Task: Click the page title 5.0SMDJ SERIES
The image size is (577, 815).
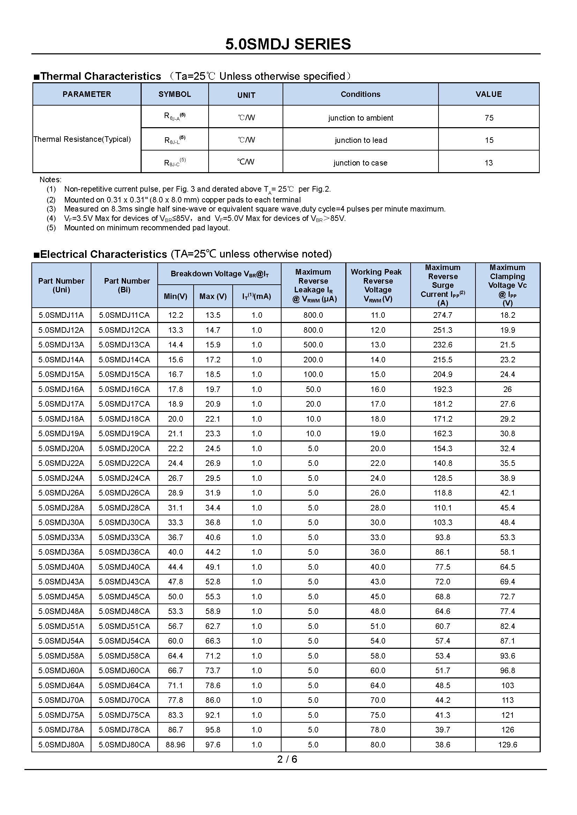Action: click(288, 44)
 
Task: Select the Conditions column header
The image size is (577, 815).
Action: click(360, 94)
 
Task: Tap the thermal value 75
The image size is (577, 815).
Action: click(489, 118)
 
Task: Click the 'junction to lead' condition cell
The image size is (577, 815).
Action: click(361, 140)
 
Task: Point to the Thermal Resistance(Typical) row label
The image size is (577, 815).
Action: click(82, 139)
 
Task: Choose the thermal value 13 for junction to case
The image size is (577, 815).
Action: click(488, 163)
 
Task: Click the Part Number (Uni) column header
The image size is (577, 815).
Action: click(61, 285)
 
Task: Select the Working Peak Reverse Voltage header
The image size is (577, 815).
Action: click(378, 285)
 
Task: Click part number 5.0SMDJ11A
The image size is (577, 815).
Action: click(61, 315)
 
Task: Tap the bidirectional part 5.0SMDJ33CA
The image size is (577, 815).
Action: click(124, 537)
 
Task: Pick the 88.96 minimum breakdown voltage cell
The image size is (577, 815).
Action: click(175, 745)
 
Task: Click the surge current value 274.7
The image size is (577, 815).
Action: click(442, 315)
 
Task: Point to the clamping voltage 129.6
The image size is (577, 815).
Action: click(507, 745)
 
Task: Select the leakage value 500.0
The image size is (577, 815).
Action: click(313, 345)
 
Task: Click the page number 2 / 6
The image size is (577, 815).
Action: click(287, 759)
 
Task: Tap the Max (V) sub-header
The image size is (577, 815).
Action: click(213, 297)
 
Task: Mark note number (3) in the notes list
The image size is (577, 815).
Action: click(51, 209)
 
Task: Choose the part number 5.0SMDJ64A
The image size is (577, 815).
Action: click(61, 685)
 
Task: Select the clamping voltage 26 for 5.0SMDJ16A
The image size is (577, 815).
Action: click(507, 390)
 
